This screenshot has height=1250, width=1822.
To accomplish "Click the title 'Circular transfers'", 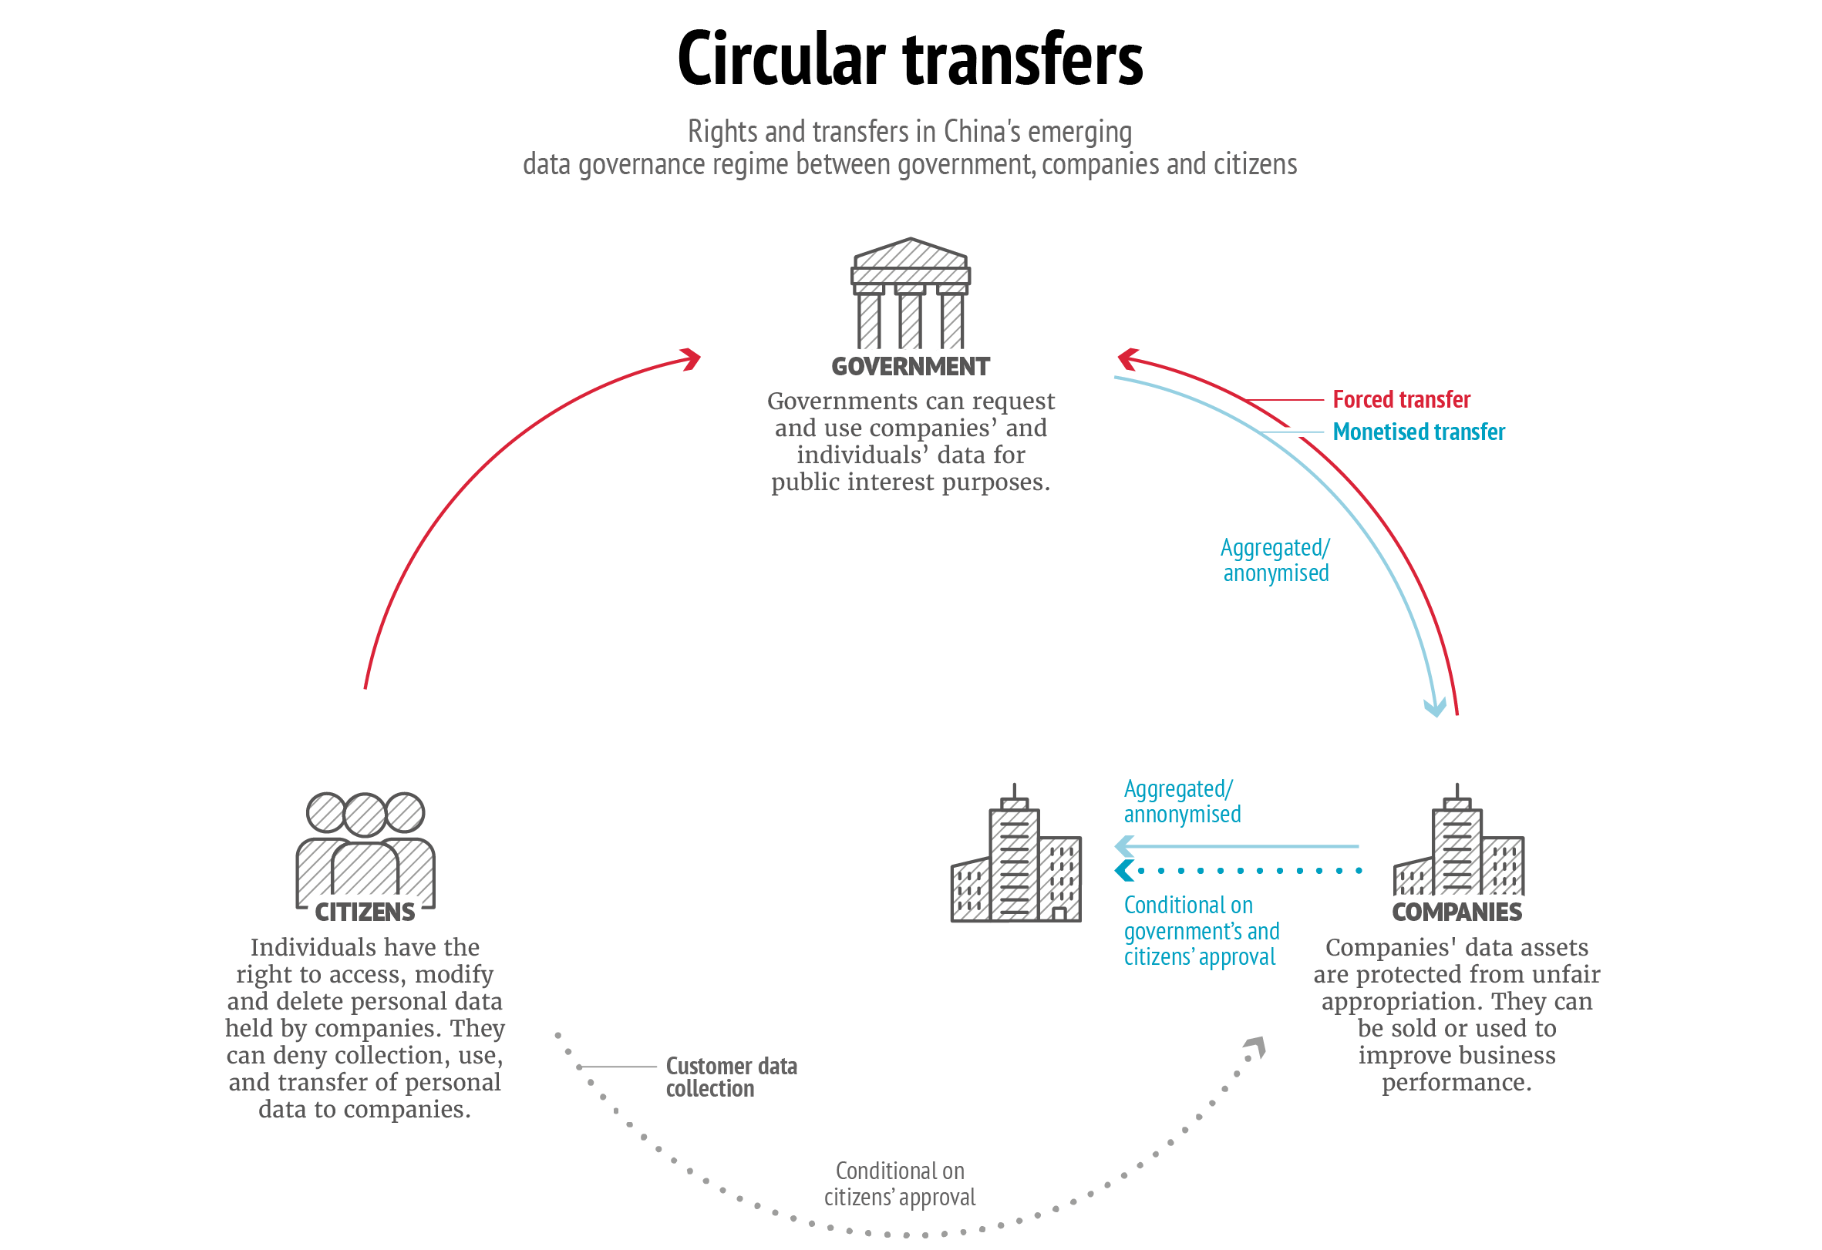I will pyautogui.click(x=909, y=59).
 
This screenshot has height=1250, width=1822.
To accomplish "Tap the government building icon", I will pyautogui.click(x=910, y=293).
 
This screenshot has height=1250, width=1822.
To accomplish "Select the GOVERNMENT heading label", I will pyautogui.click(x=910, y=367).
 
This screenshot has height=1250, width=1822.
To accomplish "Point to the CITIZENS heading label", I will pyautogui.click(x=365, y=912).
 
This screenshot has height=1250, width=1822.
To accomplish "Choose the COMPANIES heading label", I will pyautogui.click(x=1457, y=912).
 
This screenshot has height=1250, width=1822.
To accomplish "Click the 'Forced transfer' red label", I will pyautogui.click(x=1401, y=400).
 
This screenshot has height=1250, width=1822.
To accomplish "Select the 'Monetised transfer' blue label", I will pyautogui.click(x=1418, y=432).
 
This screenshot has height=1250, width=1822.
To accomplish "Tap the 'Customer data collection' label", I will pyautogui.click(x=731, y=1077).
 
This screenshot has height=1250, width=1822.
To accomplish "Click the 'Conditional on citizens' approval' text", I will pyautogui.click(x=899, y=1184).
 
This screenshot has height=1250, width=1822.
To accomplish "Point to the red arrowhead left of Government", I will pyautogui.click(x=692, y=360).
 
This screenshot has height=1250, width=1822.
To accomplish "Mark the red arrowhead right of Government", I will pyautogui.click(x=1127, y=359).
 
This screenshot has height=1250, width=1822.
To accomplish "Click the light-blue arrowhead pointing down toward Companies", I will pyautogui.click(x=1435, y=708).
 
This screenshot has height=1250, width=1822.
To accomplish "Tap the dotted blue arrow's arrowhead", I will pyautogui.click(x=1123, y=871).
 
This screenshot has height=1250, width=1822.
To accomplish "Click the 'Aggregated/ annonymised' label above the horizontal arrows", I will pyautogui.click(x=1182, y=801).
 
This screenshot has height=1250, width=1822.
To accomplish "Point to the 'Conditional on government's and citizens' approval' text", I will pyautogui.click(x=1201, y=931).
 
